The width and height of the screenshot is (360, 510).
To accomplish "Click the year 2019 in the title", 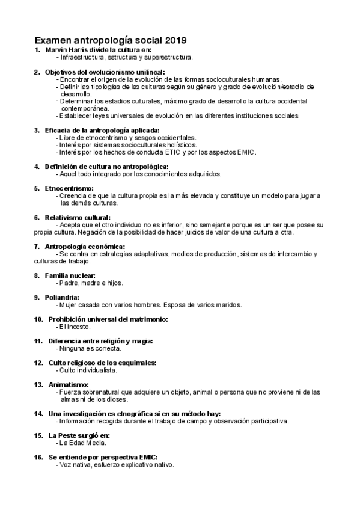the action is (175, 40).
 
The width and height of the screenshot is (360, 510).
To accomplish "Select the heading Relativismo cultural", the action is (78, 217).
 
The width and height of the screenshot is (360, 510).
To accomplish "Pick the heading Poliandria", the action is (62, 297).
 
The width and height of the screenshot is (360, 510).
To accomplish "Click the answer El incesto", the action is (75, 327).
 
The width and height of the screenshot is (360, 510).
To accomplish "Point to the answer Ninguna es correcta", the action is (90, 348).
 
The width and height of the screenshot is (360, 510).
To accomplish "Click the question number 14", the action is (38, 414).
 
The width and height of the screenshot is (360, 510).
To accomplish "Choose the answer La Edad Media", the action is (82, 443).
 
